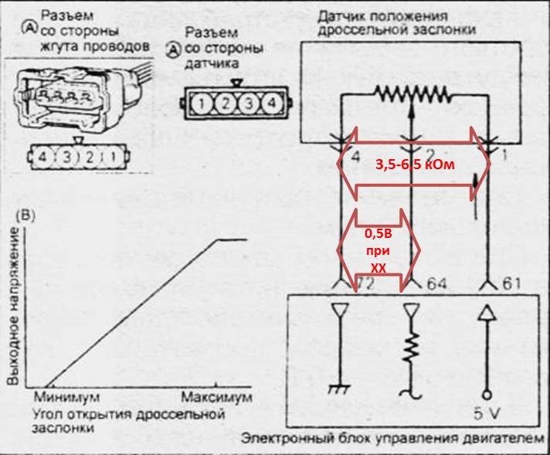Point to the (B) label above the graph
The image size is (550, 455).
coord(25,214)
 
